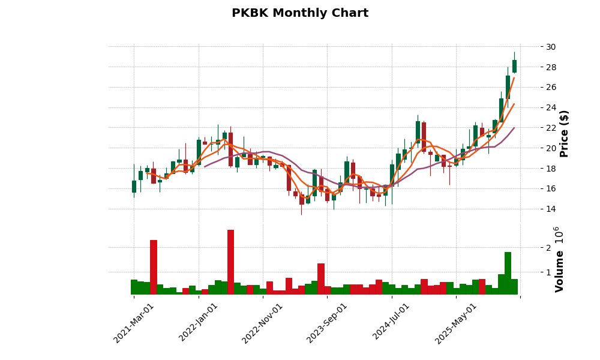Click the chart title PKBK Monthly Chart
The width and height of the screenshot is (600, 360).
coord(300,13)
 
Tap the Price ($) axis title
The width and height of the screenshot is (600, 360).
coord(564,133)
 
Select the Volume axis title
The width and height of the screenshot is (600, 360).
coord(560,271)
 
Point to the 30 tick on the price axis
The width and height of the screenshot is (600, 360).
coord(550,47)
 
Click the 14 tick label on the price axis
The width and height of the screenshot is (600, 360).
coord(550,209)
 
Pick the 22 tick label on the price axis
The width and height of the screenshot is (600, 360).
coord(550,128)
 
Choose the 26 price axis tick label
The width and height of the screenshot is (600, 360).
coord(550,88)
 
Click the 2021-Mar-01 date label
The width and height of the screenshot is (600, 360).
coord(134,323)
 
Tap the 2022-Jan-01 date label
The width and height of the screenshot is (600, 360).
coord(199,323)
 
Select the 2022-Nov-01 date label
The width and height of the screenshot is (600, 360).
coord(262,323)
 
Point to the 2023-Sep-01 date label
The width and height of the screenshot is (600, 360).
coord(327,323)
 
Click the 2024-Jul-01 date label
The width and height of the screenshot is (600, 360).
coord(391,323)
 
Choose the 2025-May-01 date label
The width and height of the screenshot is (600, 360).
coord(456,323)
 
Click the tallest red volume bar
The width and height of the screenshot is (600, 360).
coord(230,262)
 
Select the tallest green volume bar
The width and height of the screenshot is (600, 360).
coord(508,273)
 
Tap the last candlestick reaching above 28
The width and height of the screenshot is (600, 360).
coord(514,66)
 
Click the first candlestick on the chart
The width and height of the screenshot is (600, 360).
coord(134,186)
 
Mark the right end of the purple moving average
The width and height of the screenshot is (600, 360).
coord(514,128)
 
